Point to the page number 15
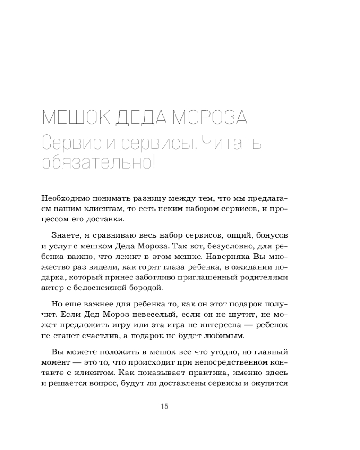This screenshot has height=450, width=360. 164,407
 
